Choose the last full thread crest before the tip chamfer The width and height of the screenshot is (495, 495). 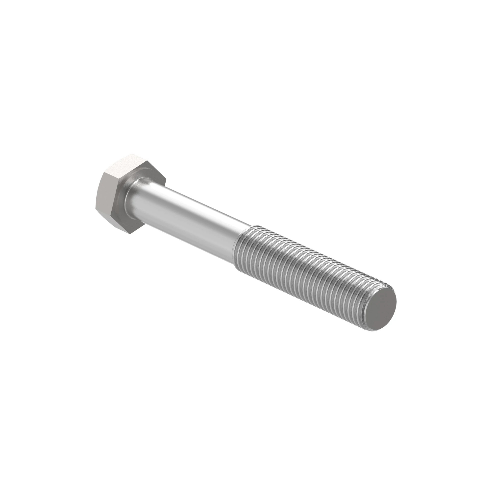coord(360,302)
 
